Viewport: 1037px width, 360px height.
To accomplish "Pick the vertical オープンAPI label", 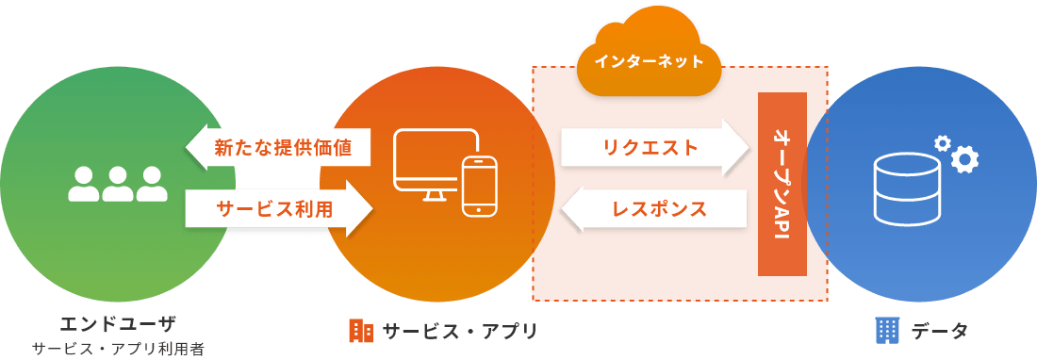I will click(780, 184).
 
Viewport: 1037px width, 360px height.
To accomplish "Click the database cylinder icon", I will click(907, 188).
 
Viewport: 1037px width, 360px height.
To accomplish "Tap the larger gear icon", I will click(964, 159).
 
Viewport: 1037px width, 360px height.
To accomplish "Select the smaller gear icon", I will click(941, 142).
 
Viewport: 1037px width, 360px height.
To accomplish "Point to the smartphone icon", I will click(479, 186).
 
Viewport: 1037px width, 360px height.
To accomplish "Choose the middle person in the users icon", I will click(118, 185).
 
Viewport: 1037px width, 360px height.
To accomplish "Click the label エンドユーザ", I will click(117, 325).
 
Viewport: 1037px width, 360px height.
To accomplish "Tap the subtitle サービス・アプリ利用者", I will click(118, 349).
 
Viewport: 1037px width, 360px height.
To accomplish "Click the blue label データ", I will click(939, 331).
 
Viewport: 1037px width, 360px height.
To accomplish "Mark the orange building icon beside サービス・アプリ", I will click(360, 330).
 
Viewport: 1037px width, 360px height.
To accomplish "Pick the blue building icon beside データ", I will click(887, 330).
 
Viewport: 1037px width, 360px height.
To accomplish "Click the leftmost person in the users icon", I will click(84, 185).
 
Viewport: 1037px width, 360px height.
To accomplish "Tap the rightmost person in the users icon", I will click(151, 185).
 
